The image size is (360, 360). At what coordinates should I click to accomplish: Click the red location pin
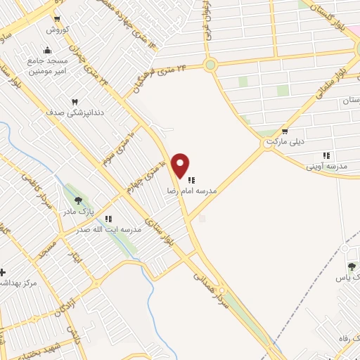[x=181, y=165]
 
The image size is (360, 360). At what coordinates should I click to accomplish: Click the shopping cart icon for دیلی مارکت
[x=284, y=131]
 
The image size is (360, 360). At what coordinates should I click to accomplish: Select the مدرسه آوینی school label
[x=325, y=167]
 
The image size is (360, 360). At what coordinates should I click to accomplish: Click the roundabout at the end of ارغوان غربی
[x=210, y=65]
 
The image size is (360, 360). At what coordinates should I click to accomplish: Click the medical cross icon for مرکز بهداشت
[x=3, y=272]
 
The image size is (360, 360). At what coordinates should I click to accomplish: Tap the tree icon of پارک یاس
[x=351, y=266]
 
